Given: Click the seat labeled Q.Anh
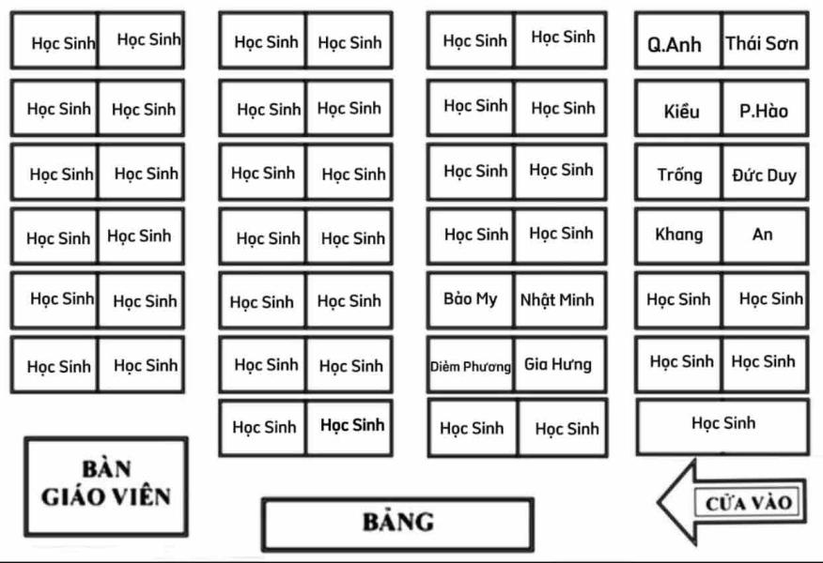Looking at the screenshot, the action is pyautogui.click(x=677, y=40).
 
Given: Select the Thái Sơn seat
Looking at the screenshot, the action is pyautogui.click(x=766, y=40).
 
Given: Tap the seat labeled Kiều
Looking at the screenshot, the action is pyautogui.click(x=677, y=108).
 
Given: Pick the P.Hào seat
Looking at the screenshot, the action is pyautogui.click(x=766, y=108).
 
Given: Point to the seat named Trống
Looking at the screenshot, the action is pyautogui.click(x=677, y=173).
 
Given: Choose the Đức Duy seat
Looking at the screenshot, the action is pyautogui.click(x=766, y=173).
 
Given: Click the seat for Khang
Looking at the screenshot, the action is pyautogui.click(x=677, y=236).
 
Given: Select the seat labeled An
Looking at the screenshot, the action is pyautogui.click(x=766, y=236).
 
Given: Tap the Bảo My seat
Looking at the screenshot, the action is pyautogui.click(x=470, y=300).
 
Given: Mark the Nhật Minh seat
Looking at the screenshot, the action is pyautogui.click(x=560, y=300).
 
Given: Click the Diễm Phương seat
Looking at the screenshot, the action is pyautogui.click(x=470, y=365).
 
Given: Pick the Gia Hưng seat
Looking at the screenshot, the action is pyautogui.click(x=560, y=365).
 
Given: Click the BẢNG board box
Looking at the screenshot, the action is pyautogui.click(x=397, y=525).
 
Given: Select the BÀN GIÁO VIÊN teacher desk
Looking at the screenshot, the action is pyautogui.click(x=106, y=486).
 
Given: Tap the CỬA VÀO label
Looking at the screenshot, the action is pyautogui.click(x=748, y=503).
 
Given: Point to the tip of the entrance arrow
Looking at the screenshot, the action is pyautogui.click(x=659, y=502).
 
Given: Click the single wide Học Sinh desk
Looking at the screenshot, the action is pyautogui.click(x=722, y=427).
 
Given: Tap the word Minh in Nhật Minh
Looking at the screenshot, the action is pyautogui.click(x=577, y=300).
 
